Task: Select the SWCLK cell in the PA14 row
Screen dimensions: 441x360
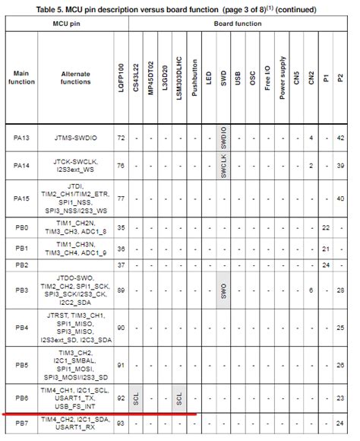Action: pos(223,165)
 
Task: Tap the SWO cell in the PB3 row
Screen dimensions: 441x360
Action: pos(223,290)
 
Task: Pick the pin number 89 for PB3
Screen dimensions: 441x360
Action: pos(120,290)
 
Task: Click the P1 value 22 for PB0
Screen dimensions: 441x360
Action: pos(325,227)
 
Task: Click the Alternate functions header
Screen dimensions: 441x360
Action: pos(74,78)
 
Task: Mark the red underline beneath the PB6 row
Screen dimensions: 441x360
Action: pos(99,415)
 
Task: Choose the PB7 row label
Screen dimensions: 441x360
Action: pos(21,424)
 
